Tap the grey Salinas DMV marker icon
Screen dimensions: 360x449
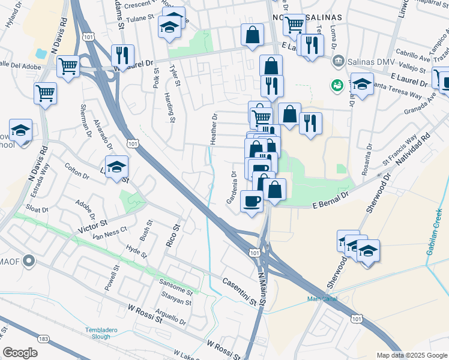pos(339,61)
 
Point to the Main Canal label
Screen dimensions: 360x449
pos(322,299)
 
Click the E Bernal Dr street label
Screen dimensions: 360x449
pos(331,201)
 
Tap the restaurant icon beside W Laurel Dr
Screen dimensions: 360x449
pos(122,55)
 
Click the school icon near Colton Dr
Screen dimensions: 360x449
pos(117,166)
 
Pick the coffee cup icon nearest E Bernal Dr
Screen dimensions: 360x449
pos(252,200)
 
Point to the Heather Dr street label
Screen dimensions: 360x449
pos(213,128)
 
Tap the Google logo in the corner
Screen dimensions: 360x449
pos(20,352)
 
